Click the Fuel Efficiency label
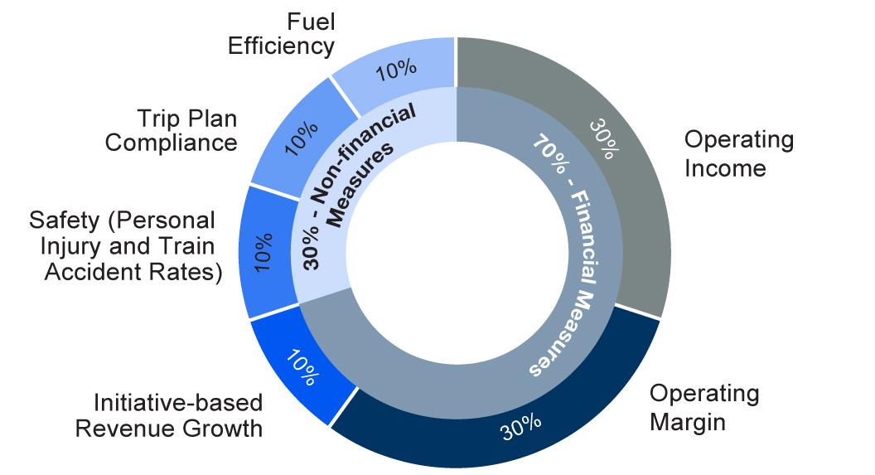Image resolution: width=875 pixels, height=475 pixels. pyautogui.click(x=281, y=32)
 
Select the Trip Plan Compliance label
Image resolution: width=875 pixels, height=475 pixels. pyautogui.click(x=172, y=129)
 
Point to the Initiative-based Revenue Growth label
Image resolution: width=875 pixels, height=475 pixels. pyautogui.click(x=169, y=415)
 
